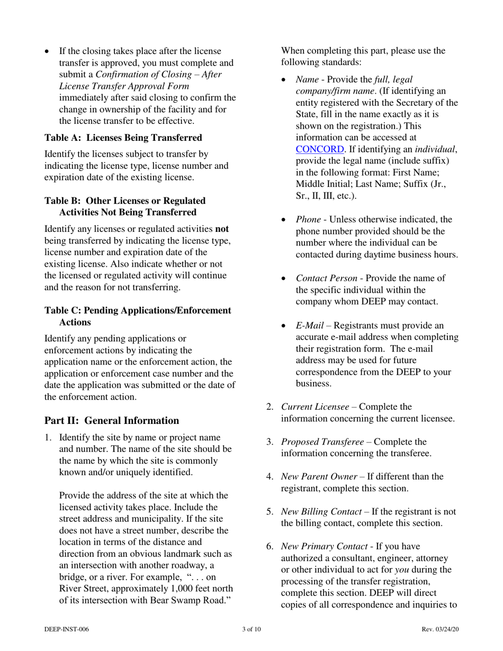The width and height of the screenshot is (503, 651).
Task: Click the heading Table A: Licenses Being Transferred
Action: click(x=123, y=138)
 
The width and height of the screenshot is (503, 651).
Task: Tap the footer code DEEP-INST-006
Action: click(x=67, y=629)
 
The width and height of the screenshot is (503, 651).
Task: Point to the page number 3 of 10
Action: click(x=251, y=629)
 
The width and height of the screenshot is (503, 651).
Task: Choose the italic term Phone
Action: click(x=308, y=219)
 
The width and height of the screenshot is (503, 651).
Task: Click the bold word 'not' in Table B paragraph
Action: click(x=222, y=230)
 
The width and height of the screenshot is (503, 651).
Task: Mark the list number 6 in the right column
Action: click(x=270, y=546)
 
